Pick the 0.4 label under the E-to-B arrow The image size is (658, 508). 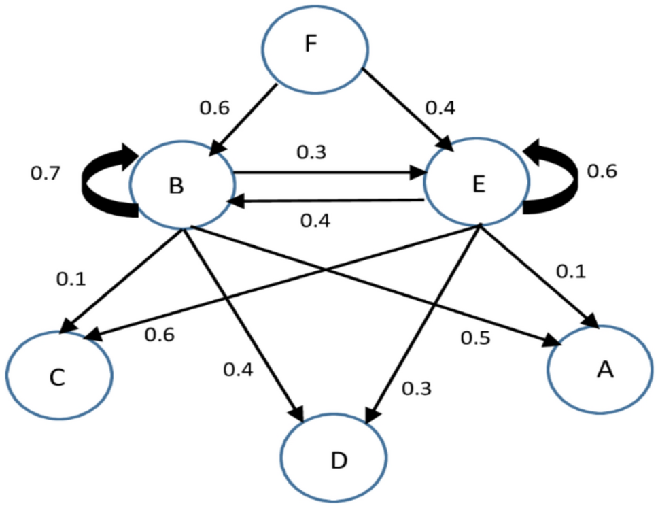(x=315, y=220)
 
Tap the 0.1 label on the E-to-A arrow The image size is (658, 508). (x=572, y=270)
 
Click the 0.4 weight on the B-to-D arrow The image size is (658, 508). (x=238, y=370)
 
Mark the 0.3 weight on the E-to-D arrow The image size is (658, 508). (x=416, y=388)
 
